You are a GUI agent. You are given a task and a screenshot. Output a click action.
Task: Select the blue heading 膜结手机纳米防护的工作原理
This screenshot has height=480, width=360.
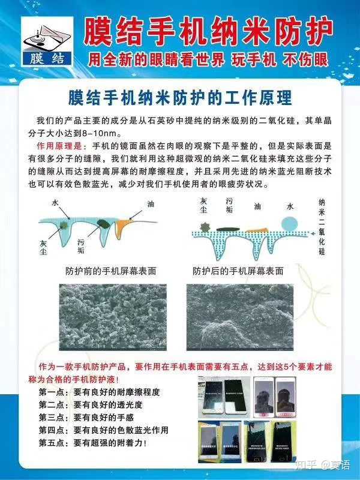coord(180,97)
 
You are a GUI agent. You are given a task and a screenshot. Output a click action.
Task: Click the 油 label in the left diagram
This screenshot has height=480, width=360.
coord(151,204)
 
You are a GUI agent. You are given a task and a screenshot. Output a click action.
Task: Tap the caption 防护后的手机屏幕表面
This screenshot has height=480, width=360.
coord(238,271)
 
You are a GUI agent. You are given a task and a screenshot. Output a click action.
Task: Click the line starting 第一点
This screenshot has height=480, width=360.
coord(100,392)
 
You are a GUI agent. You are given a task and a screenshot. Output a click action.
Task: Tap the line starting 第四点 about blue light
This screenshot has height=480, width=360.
coord(103,430)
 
